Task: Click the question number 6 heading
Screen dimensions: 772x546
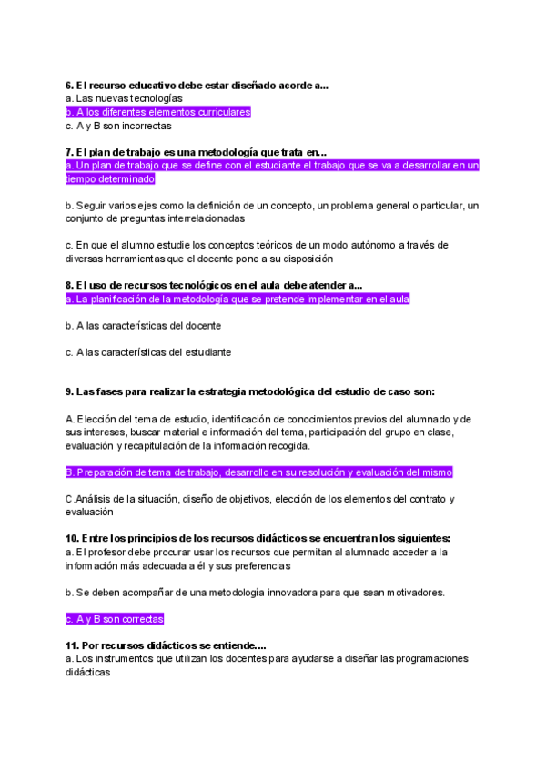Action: click(197, 85)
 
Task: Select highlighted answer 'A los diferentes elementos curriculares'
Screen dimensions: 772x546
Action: click(158, 112)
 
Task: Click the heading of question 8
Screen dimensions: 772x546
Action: click(214, 284)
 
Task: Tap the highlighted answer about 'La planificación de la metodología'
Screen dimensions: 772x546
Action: click(238, 299)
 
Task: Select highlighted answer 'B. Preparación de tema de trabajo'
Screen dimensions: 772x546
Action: click(259, 472)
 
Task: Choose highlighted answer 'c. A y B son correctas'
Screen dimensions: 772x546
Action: click(115, 619)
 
